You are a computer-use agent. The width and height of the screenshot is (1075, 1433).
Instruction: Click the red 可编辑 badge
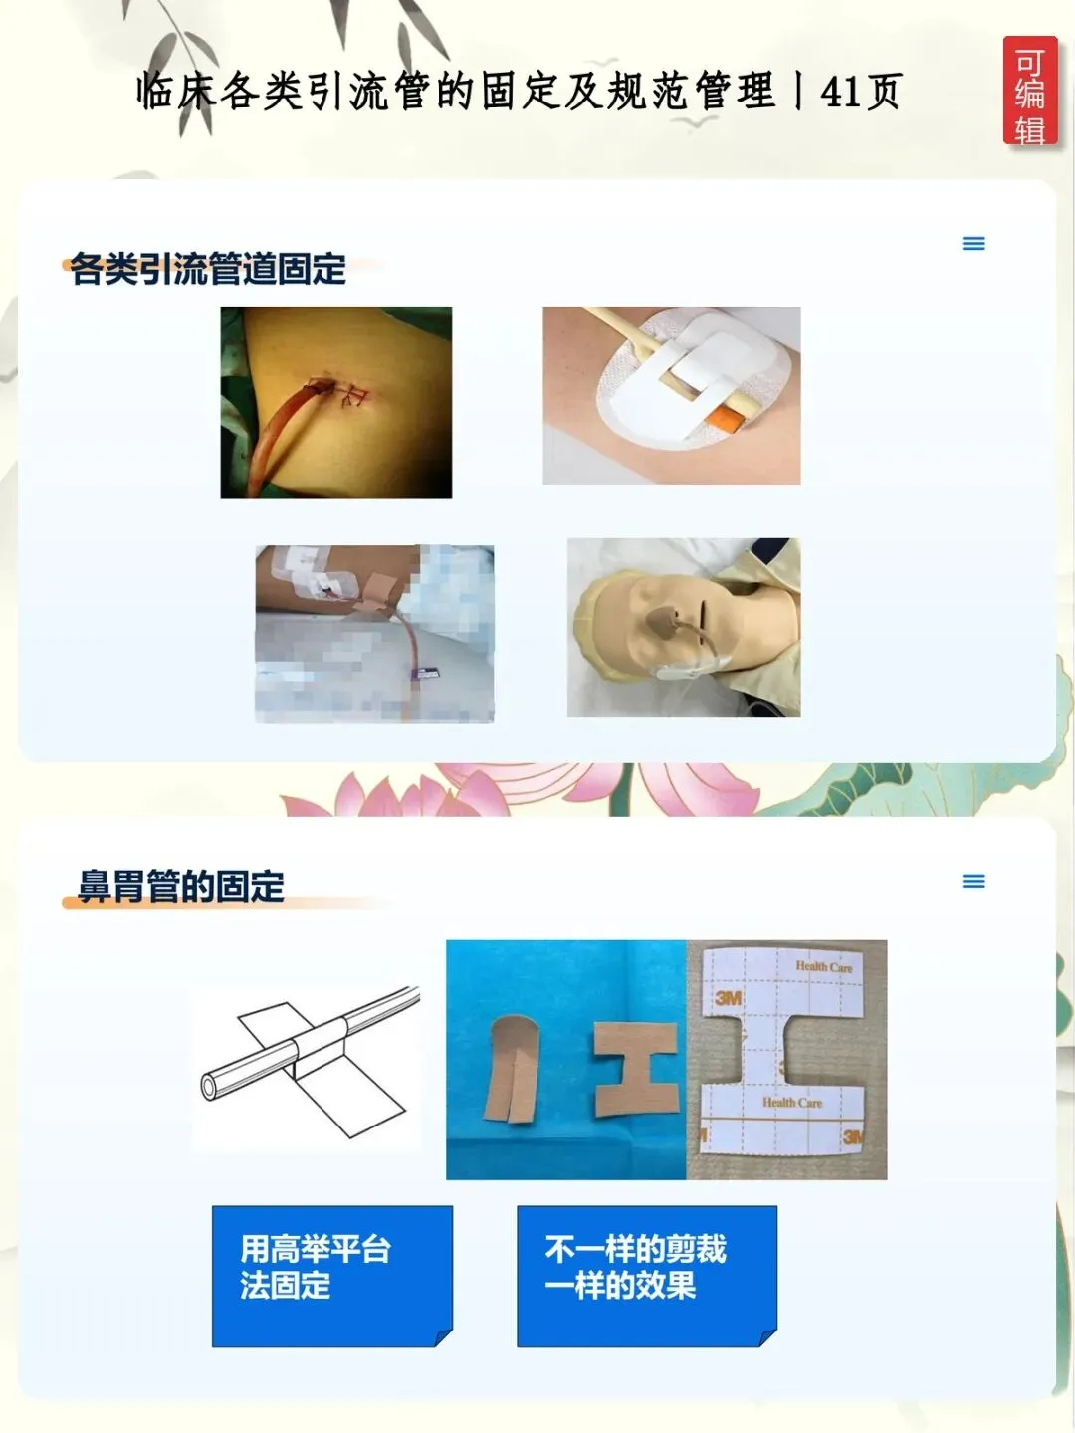1029,91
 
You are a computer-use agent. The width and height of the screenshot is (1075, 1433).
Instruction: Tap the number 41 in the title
840,92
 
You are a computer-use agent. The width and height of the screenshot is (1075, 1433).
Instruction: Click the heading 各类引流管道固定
208,268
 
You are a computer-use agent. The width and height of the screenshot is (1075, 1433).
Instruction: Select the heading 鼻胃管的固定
181,886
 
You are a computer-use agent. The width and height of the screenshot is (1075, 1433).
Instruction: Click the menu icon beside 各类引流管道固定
973,244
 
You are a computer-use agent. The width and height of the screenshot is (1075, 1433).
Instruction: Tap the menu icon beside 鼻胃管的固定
973,882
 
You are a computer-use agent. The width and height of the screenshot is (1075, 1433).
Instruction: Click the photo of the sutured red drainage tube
336,402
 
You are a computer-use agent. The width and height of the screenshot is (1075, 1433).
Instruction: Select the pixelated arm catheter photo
374,634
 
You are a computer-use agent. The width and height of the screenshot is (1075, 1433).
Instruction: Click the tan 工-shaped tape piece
635,1069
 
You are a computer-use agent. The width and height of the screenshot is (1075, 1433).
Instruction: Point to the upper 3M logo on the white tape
728,997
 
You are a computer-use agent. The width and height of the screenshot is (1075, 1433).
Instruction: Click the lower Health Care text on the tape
792,1103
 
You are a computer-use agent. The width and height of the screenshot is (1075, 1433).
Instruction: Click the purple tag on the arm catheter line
429,673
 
